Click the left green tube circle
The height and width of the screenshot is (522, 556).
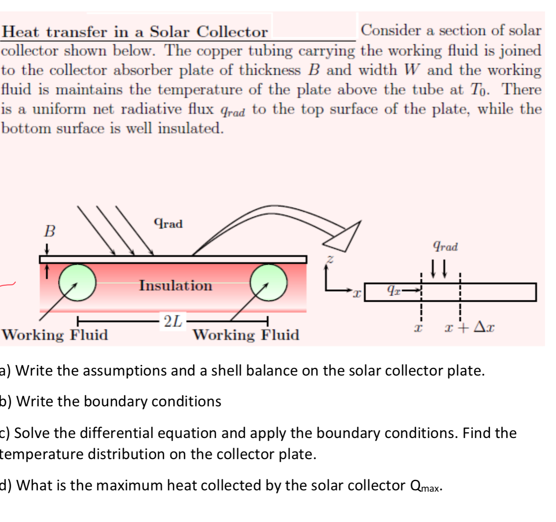click(77, 282)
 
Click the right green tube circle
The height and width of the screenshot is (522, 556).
click(269, 282)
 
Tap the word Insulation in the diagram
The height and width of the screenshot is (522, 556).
click(175, 286)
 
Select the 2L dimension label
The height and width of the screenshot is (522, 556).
click(173, 321)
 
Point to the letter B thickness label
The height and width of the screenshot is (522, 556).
click(50, 231)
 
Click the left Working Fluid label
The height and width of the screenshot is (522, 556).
click(55, 335)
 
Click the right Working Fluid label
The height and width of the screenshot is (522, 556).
click(246, 335)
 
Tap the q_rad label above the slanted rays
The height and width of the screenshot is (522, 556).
click(168, 223)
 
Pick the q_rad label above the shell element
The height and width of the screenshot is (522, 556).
click(445, 246)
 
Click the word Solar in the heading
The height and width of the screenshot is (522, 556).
click(170, 32)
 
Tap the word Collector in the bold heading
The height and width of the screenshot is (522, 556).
click(232, 32)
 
